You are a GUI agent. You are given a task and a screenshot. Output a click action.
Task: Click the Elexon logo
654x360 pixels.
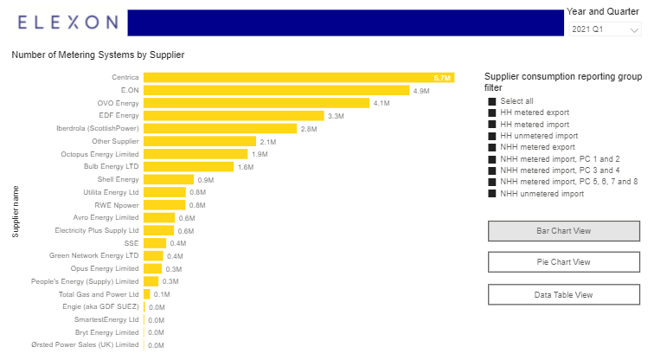(x=67, y=22)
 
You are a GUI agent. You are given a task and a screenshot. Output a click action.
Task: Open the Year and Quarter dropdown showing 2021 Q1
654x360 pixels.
(x=605, y=29)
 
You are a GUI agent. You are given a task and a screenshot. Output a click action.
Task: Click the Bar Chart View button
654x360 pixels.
(x=563, y=231)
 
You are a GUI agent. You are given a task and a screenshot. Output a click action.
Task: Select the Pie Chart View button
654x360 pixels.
(x=563, y=262)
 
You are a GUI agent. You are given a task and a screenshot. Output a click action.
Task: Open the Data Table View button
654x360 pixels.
(x=563, y=294)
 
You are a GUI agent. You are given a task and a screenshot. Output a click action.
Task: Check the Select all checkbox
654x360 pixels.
(x=493, y=101)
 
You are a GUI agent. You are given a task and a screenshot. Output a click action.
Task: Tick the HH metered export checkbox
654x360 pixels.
(x=493, y=112)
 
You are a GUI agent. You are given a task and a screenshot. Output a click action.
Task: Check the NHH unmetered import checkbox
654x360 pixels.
(x=493, y=194)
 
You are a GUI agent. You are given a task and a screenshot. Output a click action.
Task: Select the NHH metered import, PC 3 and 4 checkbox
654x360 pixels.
(x=493, y=170)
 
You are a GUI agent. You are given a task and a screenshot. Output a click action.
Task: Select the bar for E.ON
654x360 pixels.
(x=276, y=90)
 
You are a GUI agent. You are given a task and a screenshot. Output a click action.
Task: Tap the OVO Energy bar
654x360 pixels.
(x=256, y=103)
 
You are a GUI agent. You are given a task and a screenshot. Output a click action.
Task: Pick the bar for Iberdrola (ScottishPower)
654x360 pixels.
(x=220, y=128)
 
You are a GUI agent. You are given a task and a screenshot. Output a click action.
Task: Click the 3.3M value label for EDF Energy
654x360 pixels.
(x=337, y=116)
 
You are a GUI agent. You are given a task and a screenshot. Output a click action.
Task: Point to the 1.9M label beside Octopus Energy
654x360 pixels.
(x=260, y=154)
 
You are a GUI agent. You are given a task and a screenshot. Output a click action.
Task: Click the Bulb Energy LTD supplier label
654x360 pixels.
(x=111, y=166)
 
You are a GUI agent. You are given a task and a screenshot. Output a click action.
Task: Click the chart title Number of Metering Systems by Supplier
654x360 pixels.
(x=98, y=55)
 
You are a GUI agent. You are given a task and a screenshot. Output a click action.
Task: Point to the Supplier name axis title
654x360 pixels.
(x=15, y=209)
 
